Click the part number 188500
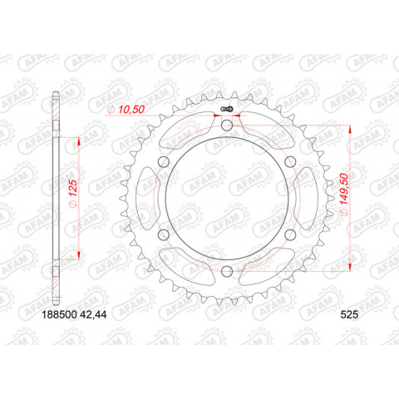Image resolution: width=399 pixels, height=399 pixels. pos(62,316)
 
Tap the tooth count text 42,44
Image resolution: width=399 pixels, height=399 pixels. pos(106,316)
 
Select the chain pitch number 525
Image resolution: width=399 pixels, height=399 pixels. pos(348,316)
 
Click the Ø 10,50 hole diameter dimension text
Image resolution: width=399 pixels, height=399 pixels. pos(124,109)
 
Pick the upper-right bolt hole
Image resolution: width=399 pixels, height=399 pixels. pos(290,162)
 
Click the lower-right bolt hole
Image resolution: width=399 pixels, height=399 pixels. pos(290,234)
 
